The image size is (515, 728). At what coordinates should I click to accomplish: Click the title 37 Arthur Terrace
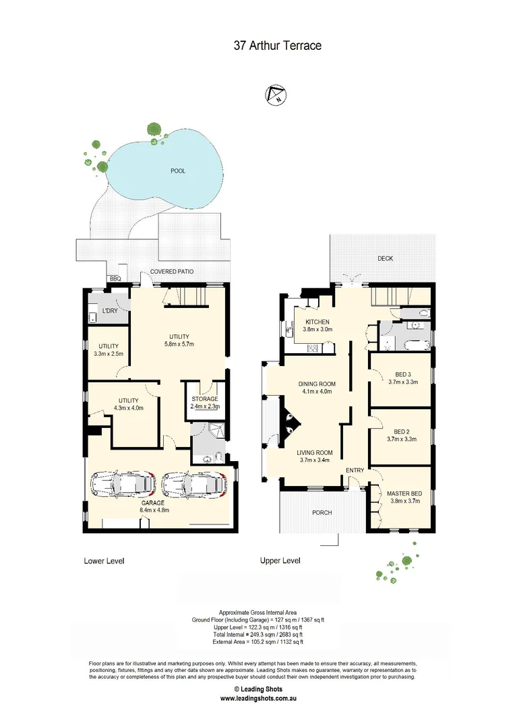point(277,46)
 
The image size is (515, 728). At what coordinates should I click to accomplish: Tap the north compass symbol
point(276,95)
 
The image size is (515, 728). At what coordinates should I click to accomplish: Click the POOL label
point(178,171)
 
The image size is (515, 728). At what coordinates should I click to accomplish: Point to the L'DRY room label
point(109,310)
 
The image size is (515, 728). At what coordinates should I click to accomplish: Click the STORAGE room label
point(204,399)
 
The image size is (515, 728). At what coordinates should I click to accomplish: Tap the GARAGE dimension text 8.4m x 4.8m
point(154,510)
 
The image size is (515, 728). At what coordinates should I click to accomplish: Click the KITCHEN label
point(316,322)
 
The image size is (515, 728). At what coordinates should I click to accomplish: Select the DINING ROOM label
point(317,384)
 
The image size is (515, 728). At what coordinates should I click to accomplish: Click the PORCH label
point(322,513)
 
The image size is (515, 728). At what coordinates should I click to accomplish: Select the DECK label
point(385,258)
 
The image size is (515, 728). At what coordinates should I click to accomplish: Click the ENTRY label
point(355,470)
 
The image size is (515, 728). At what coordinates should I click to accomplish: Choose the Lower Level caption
point(104,561)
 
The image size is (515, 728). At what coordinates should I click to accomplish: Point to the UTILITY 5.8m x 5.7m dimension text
point(179,344)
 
